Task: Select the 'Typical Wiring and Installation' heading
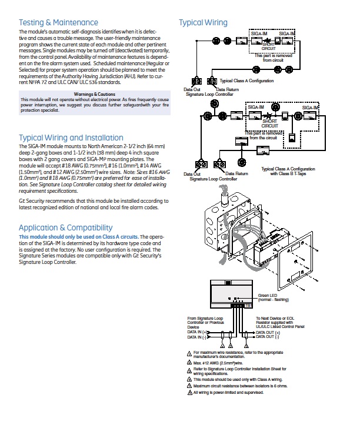coord(71,138)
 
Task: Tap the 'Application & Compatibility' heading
coord(65,227)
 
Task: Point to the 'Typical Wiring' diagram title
coord(203,23)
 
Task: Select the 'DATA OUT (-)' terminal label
coord(268,338)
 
